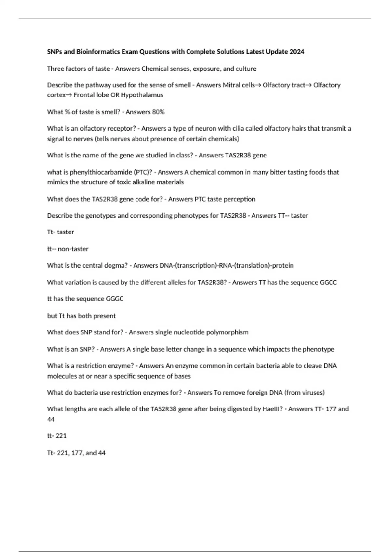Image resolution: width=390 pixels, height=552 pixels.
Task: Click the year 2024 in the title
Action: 297,52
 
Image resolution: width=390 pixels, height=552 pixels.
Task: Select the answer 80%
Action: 158,112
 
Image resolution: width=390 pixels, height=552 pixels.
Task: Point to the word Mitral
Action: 231,85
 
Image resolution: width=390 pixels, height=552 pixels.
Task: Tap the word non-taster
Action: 73,249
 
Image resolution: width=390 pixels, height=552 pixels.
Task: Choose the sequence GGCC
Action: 328,282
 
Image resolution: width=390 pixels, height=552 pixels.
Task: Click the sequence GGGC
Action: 115,299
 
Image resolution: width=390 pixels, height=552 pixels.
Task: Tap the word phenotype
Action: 318,349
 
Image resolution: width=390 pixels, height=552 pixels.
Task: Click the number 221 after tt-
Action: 61,436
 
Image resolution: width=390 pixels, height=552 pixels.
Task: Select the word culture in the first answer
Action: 246,69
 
